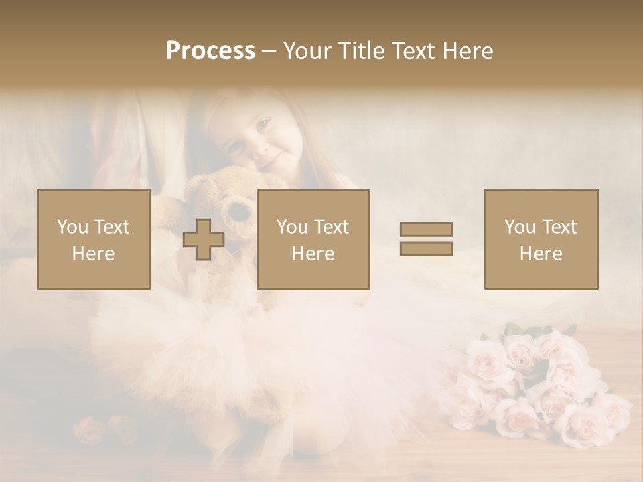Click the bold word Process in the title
(210, 51)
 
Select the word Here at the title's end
(469, 51)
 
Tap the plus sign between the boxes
(204, 240)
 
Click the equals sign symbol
(426, 239)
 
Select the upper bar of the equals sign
(426, 229)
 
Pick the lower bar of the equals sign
(426, 249)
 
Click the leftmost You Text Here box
(93, 239)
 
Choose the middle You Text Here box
(313, 239)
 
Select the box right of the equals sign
(541, 239)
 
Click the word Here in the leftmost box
(93, 254)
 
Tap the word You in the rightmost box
(519, 227)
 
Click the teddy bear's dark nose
(238, 212)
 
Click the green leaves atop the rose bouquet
(536, 330)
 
